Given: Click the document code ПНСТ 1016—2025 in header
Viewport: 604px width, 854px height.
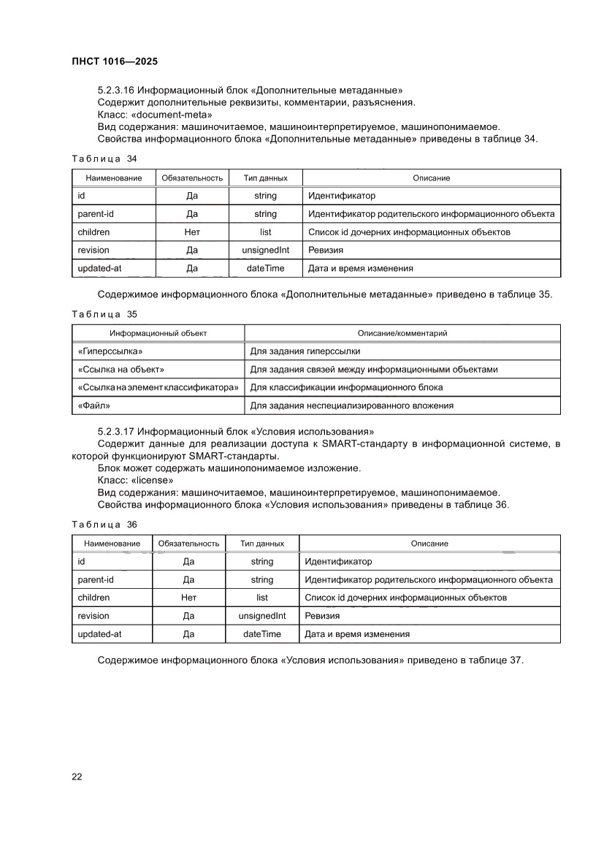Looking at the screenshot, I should click(x=115, y=62).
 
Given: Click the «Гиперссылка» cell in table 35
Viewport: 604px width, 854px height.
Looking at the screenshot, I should click(x=110, y=351).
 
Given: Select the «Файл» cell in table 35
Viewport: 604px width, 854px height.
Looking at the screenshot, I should click(x=94, y=405).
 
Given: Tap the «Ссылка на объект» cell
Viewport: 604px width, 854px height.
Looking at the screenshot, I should click(x=121, y=370).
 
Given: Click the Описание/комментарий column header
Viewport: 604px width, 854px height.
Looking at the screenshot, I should click(x=402, y=333).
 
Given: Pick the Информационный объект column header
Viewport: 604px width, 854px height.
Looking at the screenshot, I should click(x=158, y=333).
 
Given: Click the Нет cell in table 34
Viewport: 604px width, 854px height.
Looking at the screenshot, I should click(x=192, y=232).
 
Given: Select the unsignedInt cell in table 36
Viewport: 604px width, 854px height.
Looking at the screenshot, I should click(x=262, y=616).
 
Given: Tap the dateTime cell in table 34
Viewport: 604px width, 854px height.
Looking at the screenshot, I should click(x=266, y=268).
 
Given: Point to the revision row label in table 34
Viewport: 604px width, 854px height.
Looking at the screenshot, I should click(x=93, y=251).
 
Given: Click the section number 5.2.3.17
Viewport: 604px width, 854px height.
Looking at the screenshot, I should click(x=115, y=432).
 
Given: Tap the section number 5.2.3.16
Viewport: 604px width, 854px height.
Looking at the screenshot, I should click(x=115, y=90).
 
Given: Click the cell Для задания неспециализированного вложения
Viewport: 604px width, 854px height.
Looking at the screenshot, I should click(x=352, y=405).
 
